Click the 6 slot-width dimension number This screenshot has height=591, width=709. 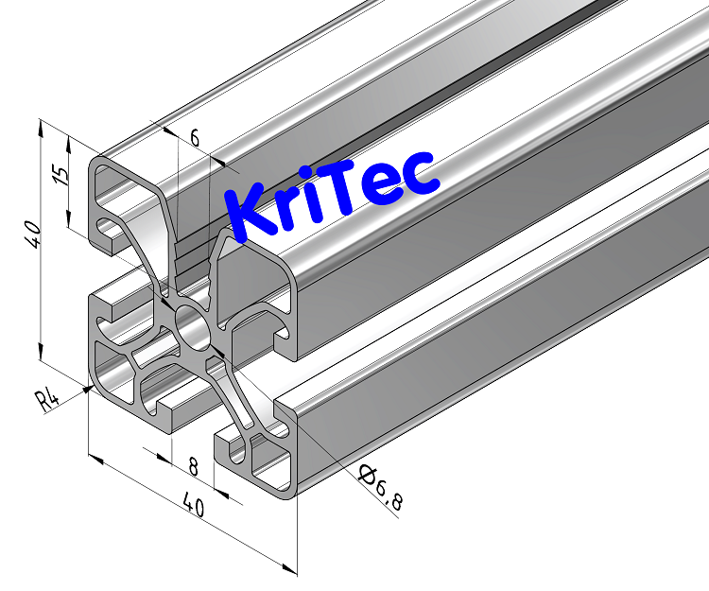click(x=194, y=138)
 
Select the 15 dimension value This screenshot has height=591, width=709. click(x=61, y=177)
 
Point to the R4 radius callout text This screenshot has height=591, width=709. click(x=47, y=399)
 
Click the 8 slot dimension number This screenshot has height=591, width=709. click(x=193, y=465)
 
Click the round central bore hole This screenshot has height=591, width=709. click(x=195, y=327)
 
